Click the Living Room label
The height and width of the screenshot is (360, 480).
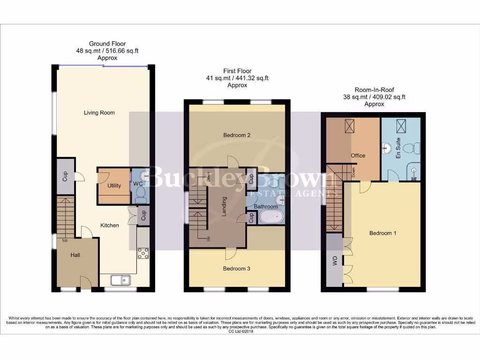pos(99,112)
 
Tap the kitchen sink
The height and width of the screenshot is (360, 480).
pos(121,280)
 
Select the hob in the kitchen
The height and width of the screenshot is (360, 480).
pos(143,253)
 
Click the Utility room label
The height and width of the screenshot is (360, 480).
pos(114,186)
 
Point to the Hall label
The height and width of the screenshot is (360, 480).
pos(75,255)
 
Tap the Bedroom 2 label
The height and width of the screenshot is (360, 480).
pos(237,135)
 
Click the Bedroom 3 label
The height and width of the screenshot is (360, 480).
pos(236,269)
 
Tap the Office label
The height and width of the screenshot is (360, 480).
pos(358,156)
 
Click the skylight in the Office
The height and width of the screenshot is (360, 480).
pos(350,126)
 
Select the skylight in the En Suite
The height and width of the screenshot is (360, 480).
pos(401,126)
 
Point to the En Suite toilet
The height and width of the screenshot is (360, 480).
pos(409,149)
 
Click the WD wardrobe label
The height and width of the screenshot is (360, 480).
pos(335,262)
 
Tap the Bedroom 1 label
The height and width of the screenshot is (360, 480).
pos(383,233)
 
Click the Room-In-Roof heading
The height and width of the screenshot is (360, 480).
pos(374,90)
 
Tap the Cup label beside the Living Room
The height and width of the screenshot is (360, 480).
pos(65,177)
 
